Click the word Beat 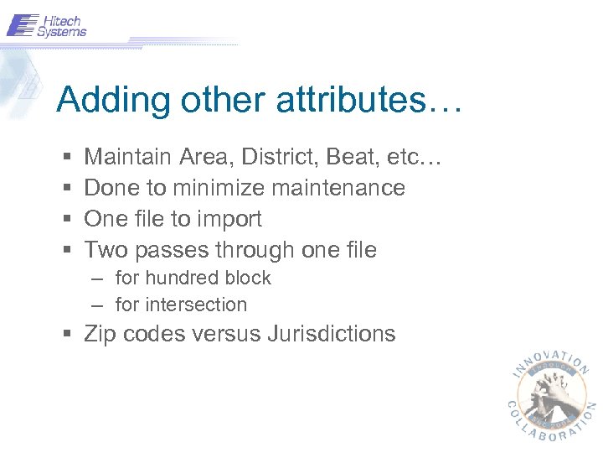pos(347,157)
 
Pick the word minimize pos(219,188)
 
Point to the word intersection pos(196,305)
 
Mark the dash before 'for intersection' pos(99,305)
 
